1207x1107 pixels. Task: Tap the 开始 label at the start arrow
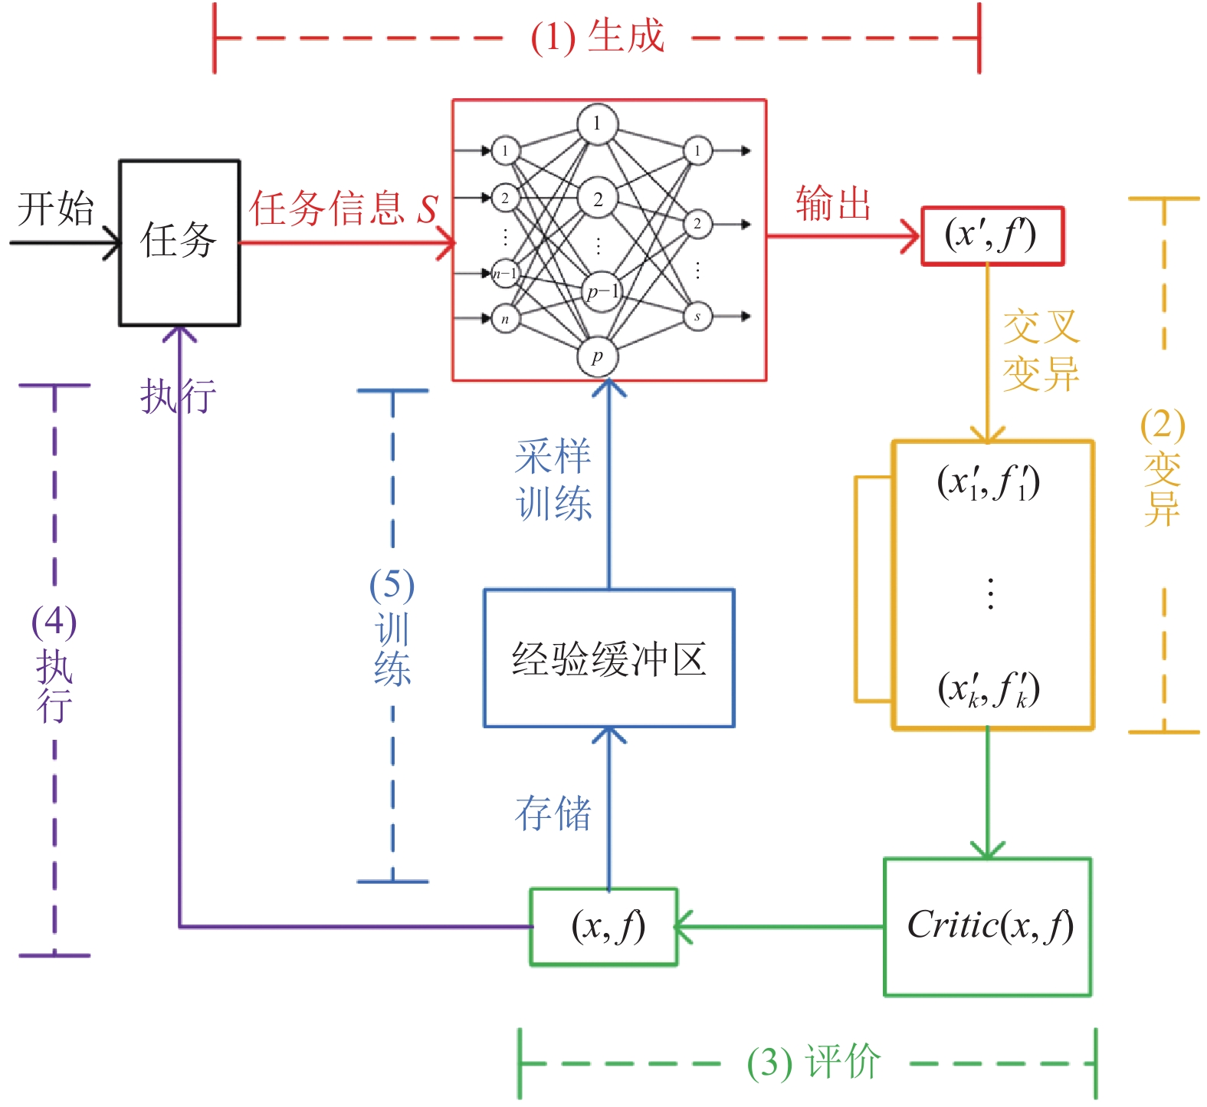pos(55,209)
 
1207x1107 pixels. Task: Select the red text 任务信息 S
pos(343,208)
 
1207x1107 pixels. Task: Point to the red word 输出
pos(833,204)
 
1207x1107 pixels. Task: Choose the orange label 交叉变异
pos(1041,350)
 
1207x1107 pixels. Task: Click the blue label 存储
pos(553,813)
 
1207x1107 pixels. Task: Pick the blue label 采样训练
pos(553,480)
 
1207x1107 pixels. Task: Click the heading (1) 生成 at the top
pos(597,37)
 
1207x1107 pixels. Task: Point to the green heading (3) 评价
pos(814,1063)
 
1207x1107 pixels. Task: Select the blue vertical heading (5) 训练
pos(392,626)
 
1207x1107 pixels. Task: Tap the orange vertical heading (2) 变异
pos(1163,467)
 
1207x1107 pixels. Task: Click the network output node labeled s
pos(697,317)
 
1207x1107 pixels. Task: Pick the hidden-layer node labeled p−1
pos(602,292)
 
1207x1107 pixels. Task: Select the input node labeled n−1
pos(505,274)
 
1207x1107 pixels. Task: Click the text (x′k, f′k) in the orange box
pos(989,689)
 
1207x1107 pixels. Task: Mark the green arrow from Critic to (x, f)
pos(779,927)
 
